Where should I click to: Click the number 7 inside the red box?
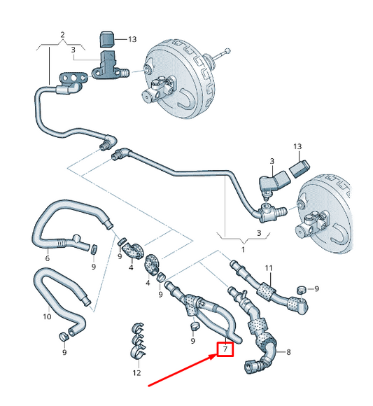pyautogui.click(x=225, y=349)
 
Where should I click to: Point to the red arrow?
pyautogui.click(x=182, y=368)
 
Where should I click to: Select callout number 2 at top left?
pyautogui.click(x=62, y=34)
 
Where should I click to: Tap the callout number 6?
pyautogui.click(x=48, y=258)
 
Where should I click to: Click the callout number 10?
pyautogui.click(x=47, y=316)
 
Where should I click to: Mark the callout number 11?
pyautogui.click(x=268, y=268)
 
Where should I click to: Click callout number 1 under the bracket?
pyautogui.click(x=243, y=248)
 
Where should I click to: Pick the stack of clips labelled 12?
pyautogui.click(x=139, y=342)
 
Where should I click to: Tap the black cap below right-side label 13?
pyautogui.click(x=299, y=169)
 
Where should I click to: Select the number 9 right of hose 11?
pyautogui.click(x=317, y=288)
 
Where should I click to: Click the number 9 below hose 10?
pyautogui.click(x=64, y=352)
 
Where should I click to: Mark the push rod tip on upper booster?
pyautogui.click(x=228, y=50)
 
